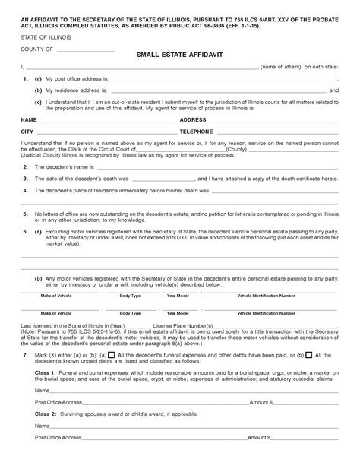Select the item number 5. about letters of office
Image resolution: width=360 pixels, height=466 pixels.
(26, 214)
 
